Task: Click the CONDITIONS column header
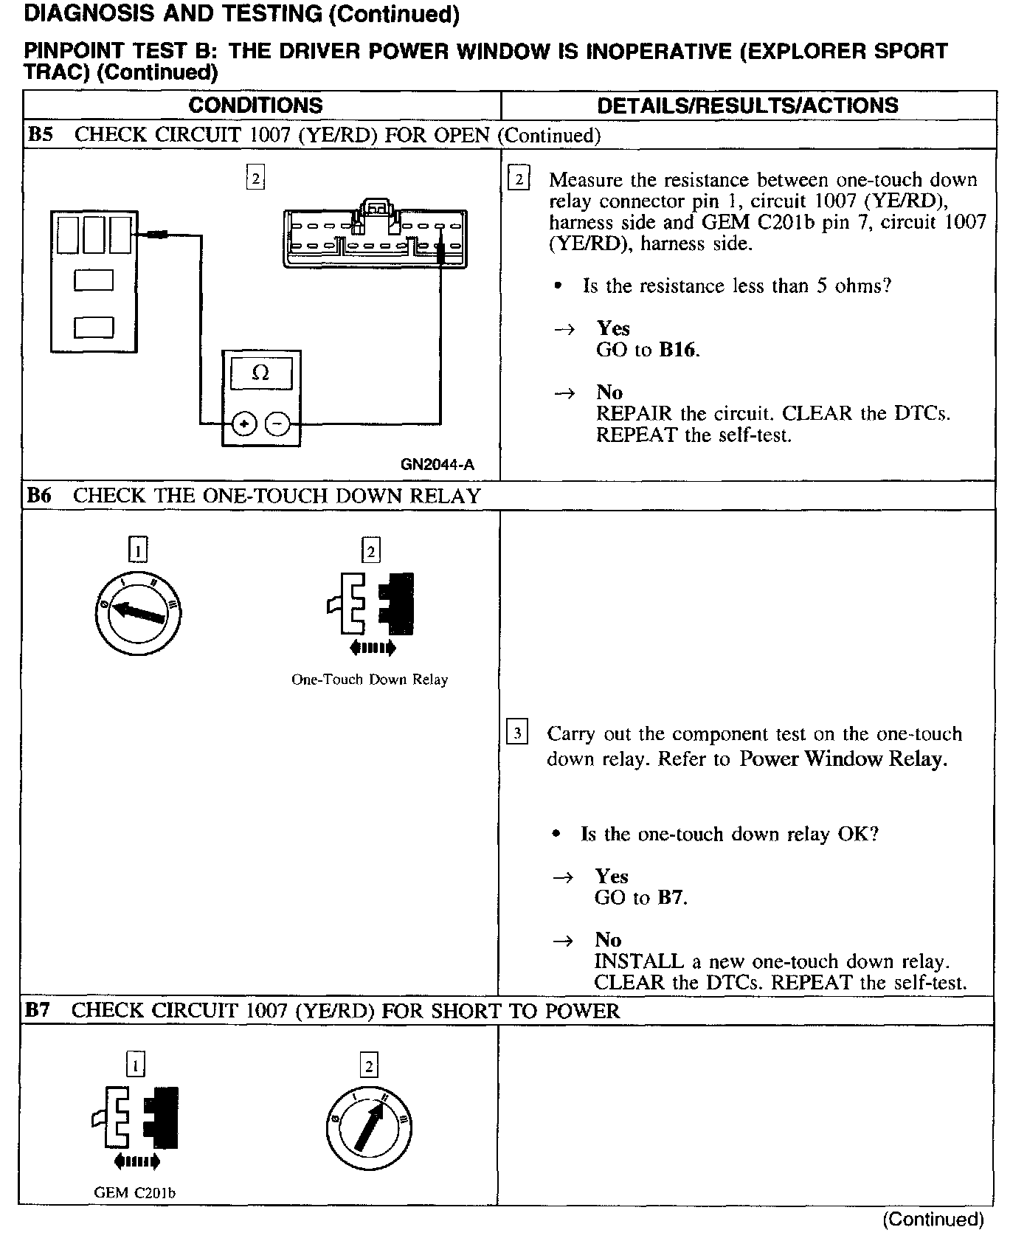coord(255,106)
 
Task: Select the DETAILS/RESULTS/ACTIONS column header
coord(747,106)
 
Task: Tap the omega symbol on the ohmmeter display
coord(260,373)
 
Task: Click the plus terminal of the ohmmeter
coord(244,424)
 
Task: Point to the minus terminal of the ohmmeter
coord(277,424)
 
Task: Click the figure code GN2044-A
coord(438,464)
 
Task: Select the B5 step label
coord(40,135)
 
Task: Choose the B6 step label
coord(39,496)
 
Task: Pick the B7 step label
coord(38,1010)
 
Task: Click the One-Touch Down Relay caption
coord(370,680)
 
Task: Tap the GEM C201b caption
coord(135,1192)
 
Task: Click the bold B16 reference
coord(677,350)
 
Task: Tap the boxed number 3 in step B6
coord(517,733)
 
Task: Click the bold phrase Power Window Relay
coord(843,759)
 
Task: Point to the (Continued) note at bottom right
coord(933,1219)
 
